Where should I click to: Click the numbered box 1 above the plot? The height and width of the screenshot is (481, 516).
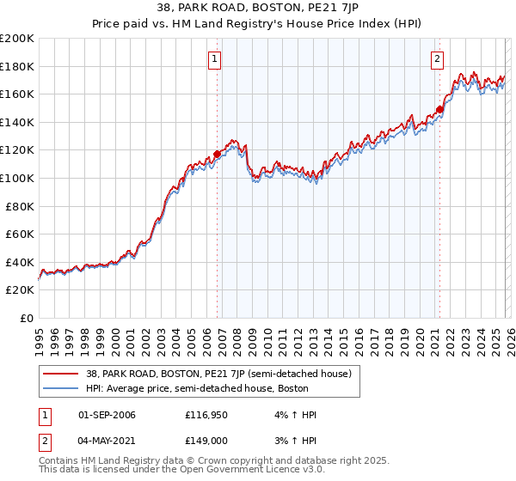pyautogui.click(x=214, y=59)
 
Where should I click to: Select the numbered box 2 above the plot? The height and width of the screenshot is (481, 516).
pyautogui.click(x=437, y=59)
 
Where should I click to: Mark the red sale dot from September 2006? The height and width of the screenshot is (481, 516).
pyautogui.click(x=217, y=155)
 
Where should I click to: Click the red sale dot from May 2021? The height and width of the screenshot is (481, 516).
pyautogui.click(x=439, y=109)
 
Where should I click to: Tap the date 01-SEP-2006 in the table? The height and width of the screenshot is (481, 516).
pyautogui.click(x=107, y=415)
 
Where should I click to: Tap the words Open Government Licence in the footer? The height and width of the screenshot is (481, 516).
pyautogui.click(x=252, y=471)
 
